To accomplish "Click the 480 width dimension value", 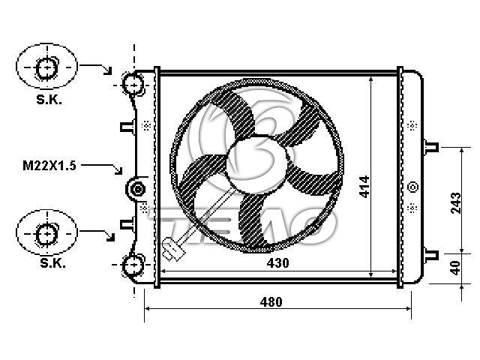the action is point(271,302).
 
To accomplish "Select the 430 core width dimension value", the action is point(277,263).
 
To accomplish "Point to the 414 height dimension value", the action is point(364,187).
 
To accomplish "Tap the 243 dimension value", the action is point(456,203).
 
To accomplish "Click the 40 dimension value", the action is point(456,268).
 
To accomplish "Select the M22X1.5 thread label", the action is point(49,166).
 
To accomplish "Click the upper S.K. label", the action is point(49,100).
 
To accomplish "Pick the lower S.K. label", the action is point(52,262).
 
